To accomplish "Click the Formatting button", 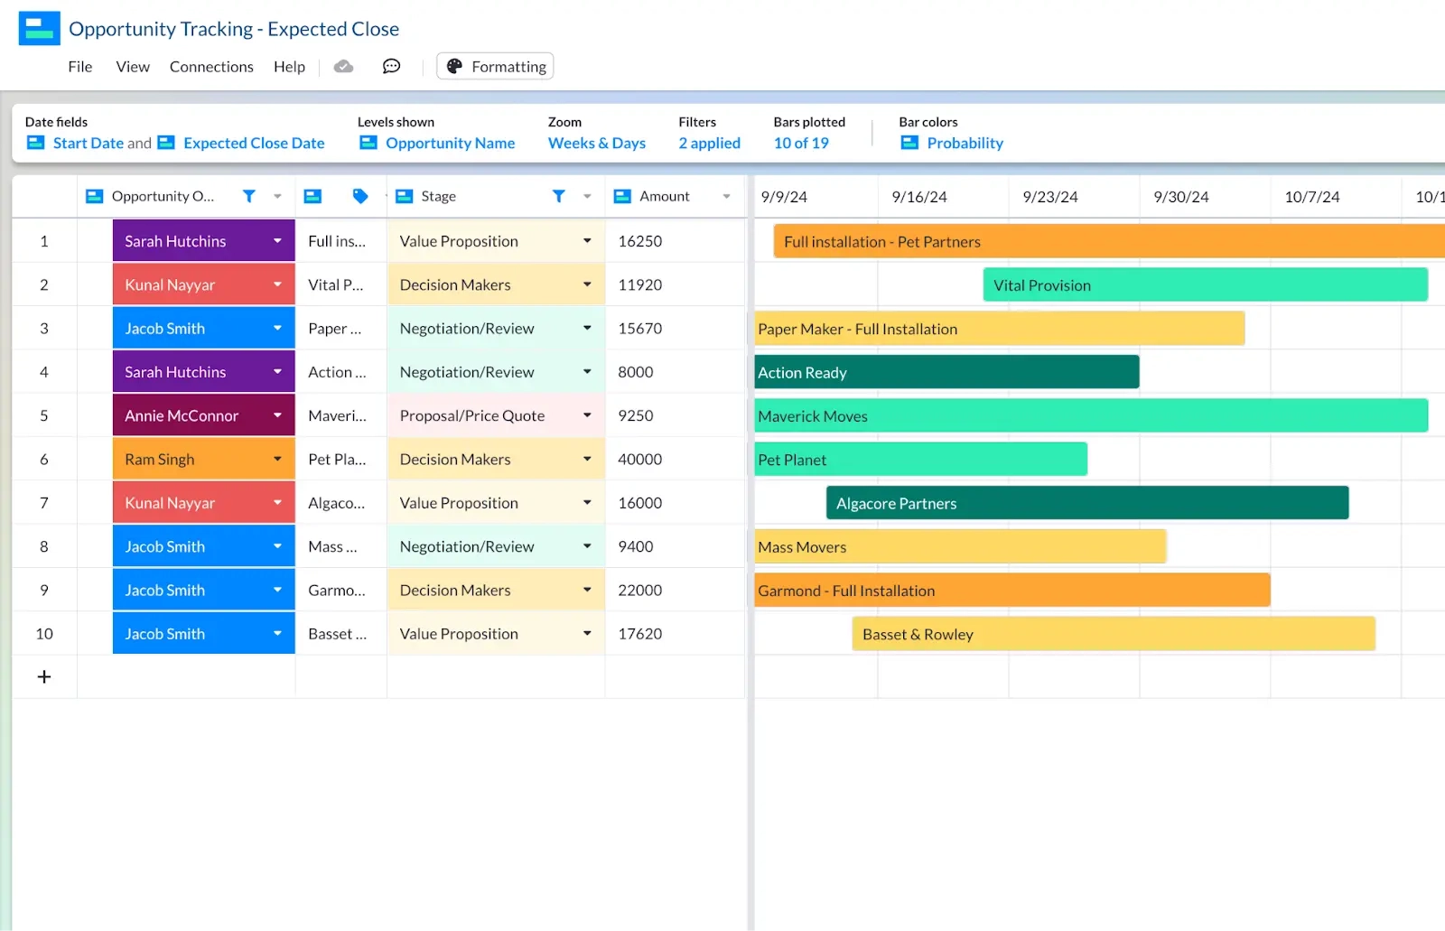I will coord(495,67).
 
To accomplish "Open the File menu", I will coord(80,67).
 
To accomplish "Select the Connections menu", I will coord(211,67).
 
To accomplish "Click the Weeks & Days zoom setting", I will coord(596,143).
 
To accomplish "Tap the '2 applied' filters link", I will coord(709,143).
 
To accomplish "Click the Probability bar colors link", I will coord(965,143).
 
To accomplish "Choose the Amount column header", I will coord(664,196).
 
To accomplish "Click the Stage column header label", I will coord(438,196).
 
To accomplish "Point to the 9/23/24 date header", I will coord(1049,197).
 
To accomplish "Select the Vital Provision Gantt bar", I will coord(1205,285).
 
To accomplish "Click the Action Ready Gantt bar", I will coord(946,372).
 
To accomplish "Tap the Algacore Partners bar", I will coord(1086,503).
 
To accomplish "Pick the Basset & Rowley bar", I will coord(1113,634).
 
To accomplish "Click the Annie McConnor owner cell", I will coord(191,415).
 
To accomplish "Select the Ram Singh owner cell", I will coord(191,460).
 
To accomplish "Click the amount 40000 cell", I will coord(639,460).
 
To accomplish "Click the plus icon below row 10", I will coord(44,677).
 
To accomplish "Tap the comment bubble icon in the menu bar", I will coord(391,67).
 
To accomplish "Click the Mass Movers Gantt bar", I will coord(960,546).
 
